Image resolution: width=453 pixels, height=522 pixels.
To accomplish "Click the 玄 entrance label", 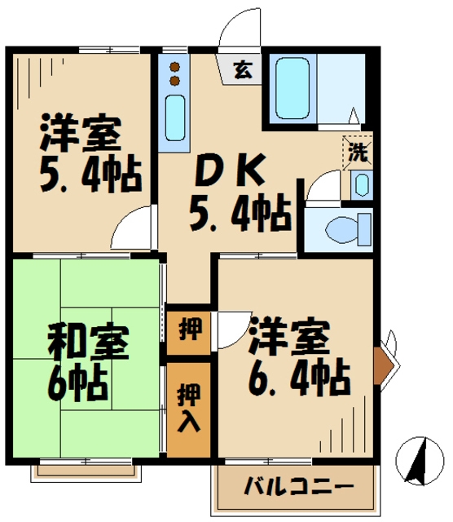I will [x=243, y=69].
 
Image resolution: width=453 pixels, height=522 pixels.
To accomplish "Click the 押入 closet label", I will [x=187, y=408].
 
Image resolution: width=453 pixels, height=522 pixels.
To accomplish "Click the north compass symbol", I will [x=420, y=462].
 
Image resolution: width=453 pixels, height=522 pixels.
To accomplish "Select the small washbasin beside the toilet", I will [x=362, y=184].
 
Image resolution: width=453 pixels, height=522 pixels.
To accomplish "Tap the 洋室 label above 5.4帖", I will [x=81, y=134].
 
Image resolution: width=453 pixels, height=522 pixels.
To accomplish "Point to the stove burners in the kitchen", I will [x=174, y=73].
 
